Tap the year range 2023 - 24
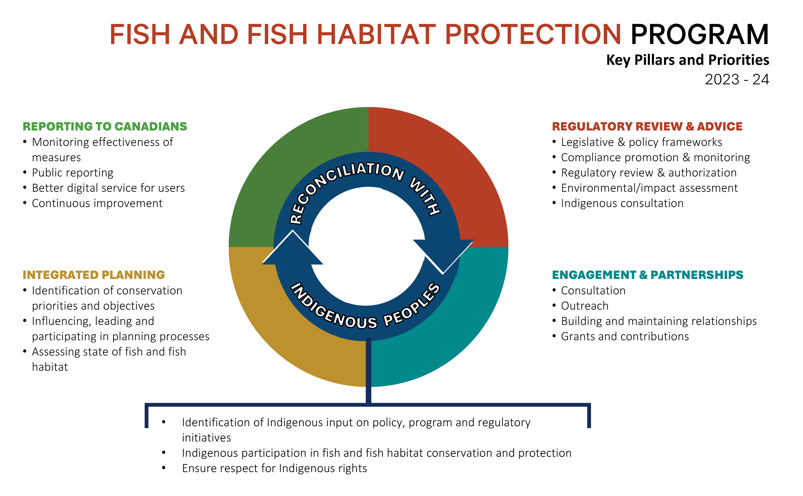coord(737,79)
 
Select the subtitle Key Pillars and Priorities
coord(687,60)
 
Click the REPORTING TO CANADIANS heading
coord(105,126)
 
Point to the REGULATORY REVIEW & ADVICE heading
coord(647,126)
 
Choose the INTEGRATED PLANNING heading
coord(94,274)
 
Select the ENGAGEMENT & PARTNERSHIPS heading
coord(648,274)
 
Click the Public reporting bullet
coord(72,173)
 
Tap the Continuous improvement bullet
coord(97,203)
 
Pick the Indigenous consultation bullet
coord(622,203)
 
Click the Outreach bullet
coord(585,305)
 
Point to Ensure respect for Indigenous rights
coord(274,468)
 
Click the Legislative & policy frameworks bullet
coord(641,142)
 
